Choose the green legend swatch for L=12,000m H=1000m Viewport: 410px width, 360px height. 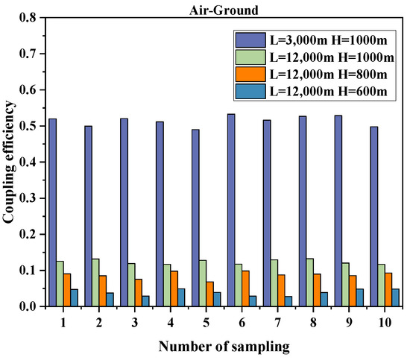point(246,56)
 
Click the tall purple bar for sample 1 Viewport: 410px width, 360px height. point(53,212)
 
